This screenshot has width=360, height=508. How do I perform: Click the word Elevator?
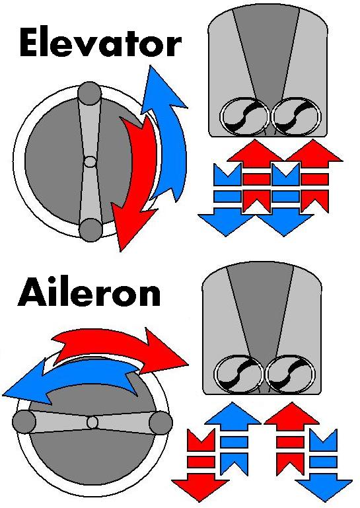[100, 43]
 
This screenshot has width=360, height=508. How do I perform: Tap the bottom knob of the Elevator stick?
[90, 230]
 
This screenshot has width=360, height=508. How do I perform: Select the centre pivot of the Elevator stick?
[90, 162]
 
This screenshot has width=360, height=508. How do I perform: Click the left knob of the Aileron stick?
[24, 422]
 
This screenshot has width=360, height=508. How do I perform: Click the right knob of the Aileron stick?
[161, 423]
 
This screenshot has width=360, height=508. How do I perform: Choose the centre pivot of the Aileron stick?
[92, 423]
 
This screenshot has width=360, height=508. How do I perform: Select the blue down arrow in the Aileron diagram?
[324, 466]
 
